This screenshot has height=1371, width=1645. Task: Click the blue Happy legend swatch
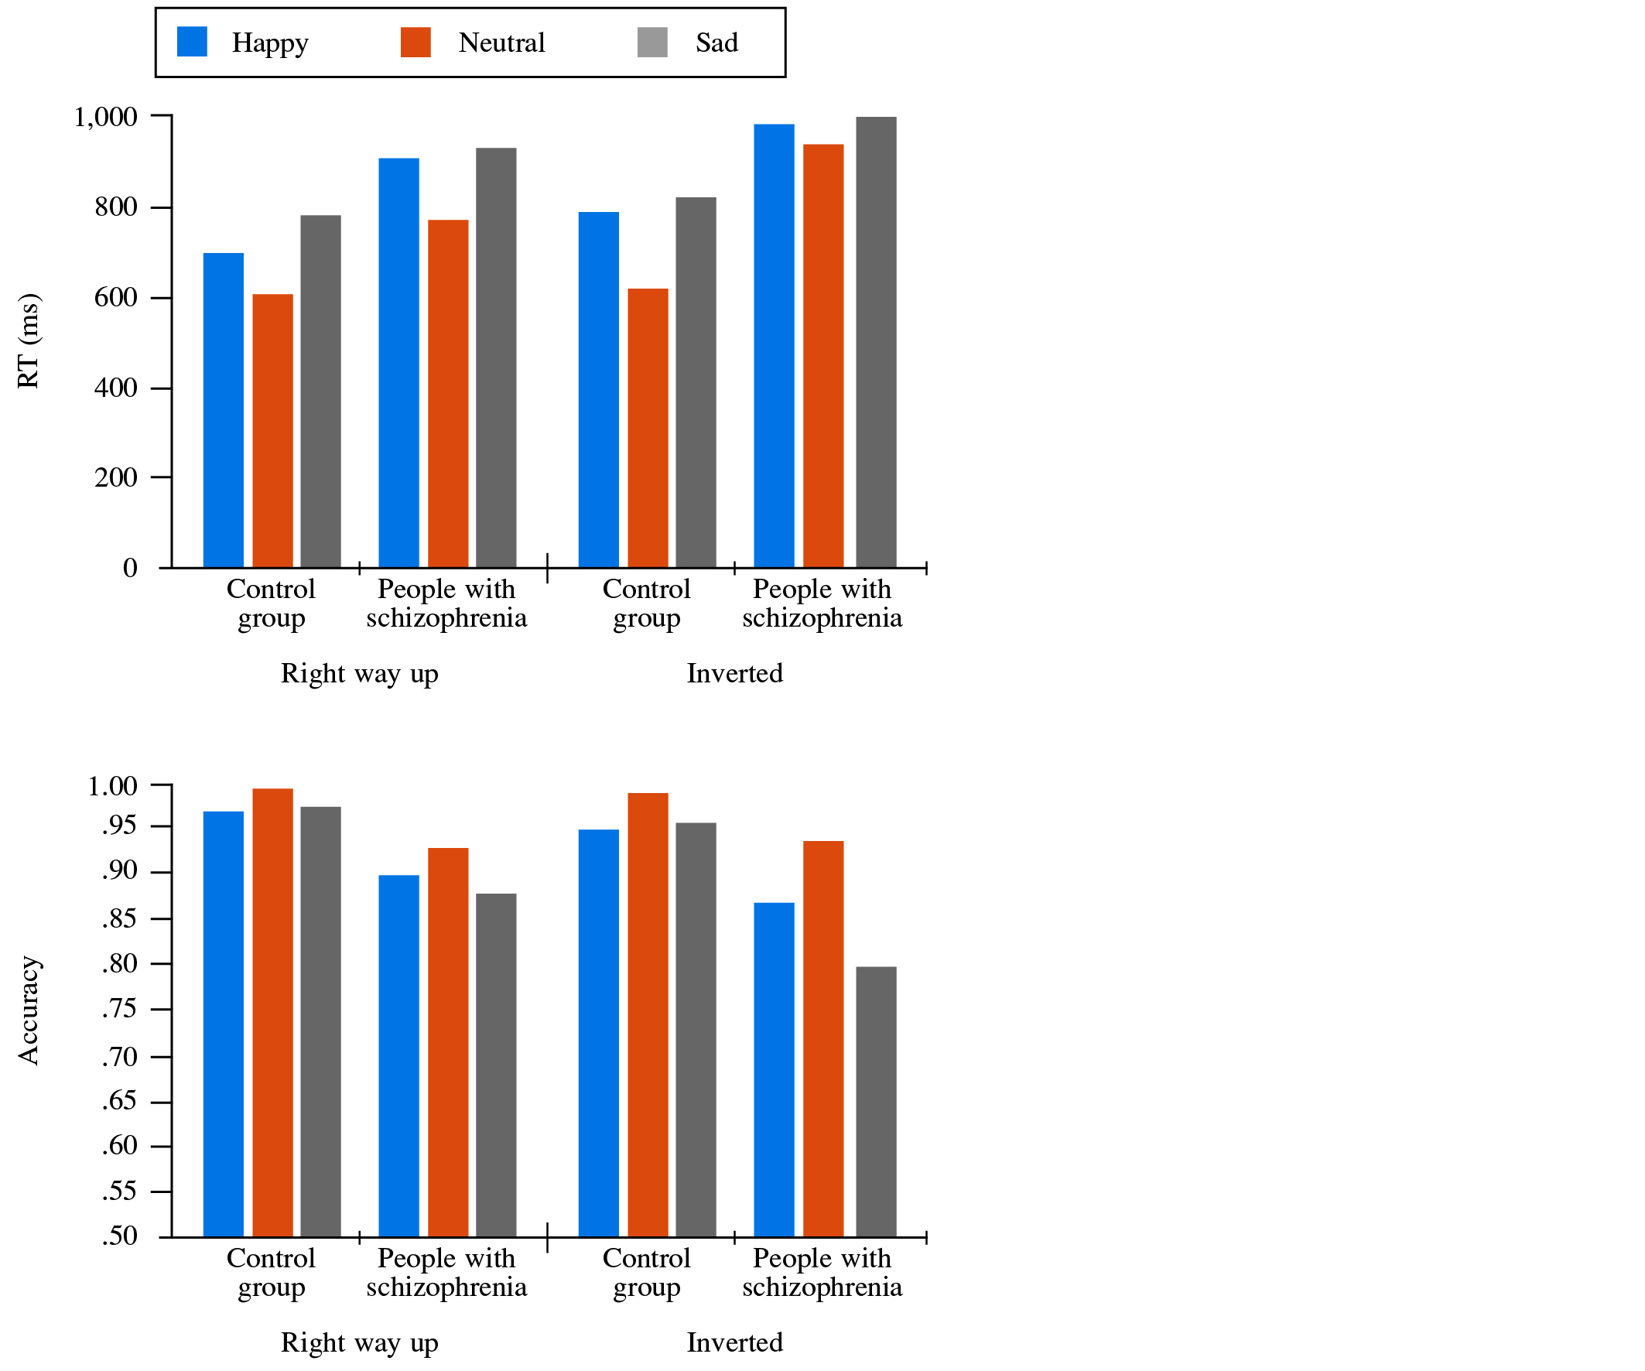click(x=192, y=42)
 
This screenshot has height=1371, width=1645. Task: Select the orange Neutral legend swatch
click(x=416, y=43)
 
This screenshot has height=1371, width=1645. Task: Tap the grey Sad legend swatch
click(x=652, y=43)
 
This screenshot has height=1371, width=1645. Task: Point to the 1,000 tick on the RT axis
click(x=161, y=116)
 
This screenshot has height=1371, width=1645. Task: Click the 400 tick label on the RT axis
click(x=116, y=388)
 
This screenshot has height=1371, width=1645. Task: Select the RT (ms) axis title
click(x=28, y=340)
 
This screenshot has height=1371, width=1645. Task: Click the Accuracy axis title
click(x=28, y=1010)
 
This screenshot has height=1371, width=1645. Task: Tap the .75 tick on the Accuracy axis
click(x=161, y=1009)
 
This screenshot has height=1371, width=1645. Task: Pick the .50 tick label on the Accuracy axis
click(x=119, y=1236)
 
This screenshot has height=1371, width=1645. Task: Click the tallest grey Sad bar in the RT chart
click(x=876, y=342)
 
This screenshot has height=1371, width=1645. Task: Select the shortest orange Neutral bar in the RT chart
click(x=272, y=431)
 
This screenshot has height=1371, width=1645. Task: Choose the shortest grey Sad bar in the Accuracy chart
click(x=876, y=1103)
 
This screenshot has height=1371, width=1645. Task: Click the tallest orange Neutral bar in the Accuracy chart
click(x=272, y=1013)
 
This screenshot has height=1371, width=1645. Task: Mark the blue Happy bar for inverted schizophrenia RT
click(x=774, y=346)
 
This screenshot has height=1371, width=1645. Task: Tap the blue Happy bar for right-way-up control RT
click(x=224, y=411)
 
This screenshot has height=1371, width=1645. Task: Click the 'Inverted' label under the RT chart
click(x=735, y=674)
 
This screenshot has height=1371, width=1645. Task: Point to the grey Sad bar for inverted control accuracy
click(x=696, y=1031)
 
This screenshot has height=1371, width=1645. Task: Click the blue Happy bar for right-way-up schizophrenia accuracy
click(x=398, y=1056)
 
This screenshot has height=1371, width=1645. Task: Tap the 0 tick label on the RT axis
click(x=130, y=568)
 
